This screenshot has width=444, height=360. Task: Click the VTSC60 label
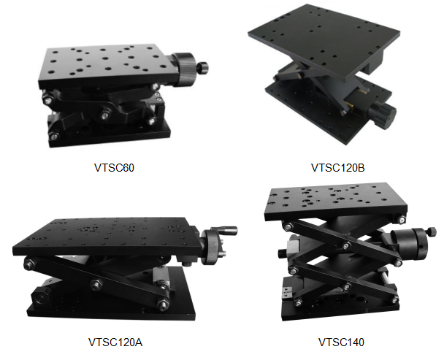(114, 168)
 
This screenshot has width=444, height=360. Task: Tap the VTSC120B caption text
(338, 168)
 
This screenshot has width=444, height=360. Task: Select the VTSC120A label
(115, 342)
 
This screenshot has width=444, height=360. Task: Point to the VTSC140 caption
(341, 342)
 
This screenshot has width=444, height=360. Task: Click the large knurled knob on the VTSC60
(184, 69)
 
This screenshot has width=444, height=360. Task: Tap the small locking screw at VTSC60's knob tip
(203, 67)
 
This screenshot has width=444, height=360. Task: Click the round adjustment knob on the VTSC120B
(383, 115)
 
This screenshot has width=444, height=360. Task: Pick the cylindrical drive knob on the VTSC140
(409, 244)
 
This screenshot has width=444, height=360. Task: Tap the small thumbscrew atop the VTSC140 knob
(432, 231)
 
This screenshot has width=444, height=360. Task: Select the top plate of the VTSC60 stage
(110, 66)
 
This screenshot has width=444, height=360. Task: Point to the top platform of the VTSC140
(335, 201)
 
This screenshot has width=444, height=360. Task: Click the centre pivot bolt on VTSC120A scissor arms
(96, 285)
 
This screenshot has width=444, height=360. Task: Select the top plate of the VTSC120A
(107, 237)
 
